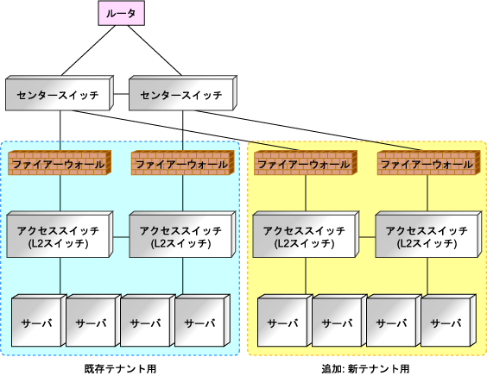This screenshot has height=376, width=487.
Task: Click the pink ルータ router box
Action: click(122, 13)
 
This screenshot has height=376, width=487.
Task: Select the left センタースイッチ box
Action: click(60, 93)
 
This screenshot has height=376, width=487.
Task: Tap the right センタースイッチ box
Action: click(183, 93)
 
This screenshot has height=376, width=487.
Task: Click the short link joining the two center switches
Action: click(121, 94)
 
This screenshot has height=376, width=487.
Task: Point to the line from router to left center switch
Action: click(89, 50)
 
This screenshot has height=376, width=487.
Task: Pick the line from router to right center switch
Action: click(155, 50)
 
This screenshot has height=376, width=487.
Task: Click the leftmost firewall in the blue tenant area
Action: click(60, 163)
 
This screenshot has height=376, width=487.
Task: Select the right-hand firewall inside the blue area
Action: click(183, 163)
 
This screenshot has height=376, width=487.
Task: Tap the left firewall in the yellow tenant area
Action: click(306, 163)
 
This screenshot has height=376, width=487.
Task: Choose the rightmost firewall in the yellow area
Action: click(428, 163)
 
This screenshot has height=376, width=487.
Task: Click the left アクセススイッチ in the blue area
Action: click(60, 235)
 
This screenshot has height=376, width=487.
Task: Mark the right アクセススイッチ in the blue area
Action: click(183, 235)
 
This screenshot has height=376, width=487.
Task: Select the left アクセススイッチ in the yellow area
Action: click(306, 235)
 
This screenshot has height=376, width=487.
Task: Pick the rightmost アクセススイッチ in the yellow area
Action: click(428, 235)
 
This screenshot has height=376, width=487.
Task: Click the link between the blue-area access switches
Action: click(121, 237)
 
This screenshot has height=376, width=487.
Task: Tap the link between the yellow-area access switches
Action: click(368, 237)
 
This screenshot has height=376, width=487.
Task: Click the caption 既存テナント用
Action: click(120, 369)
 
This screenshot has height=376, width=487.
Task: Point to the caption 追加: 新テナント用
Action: click(365, 369)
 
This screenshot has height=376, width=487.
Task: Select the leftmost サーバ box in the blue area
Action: click(39, 321)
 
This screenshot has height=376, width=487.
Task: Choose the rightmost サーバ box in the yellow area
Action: click(448, 321)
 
